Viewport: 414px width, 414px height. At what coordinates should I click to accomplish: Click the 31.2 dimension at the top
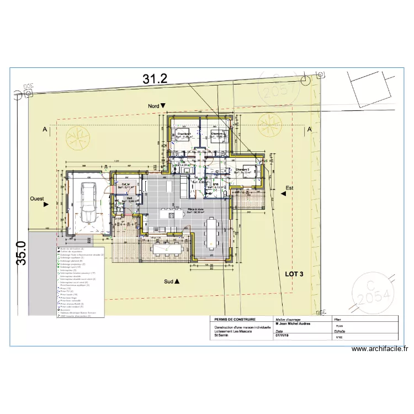(x=155, y=79)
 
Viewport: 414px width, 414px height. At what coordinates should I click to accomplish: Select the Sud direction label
(x=172, y=282)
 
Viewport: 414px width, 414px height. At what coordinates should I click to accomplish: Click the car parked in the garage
(x=88, y=201)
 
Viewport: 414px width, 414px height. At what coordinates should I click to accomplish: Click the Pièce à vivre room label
(x=196, y=210)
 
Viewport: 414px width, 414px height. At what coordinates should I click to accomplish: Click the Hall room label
(x=129, y=198)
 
